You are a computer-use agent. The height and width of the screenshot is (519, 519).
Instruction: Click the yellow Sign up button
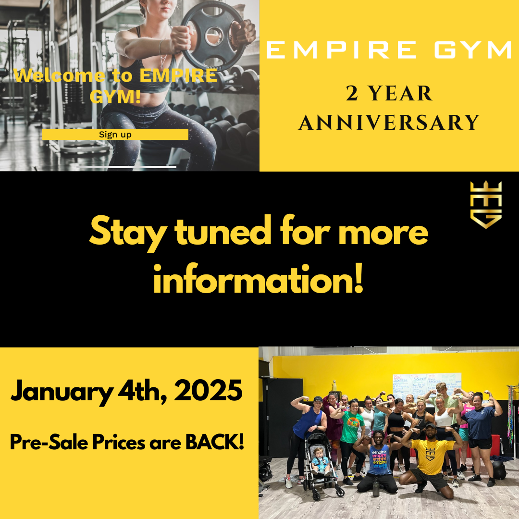tap(115, 135)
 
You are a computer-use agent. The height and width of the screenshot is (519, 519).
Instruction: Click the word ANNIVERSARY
tap(389, 122)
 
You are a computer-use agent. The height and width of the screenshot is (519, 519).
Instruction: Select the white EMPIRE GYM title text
tap(389, 50)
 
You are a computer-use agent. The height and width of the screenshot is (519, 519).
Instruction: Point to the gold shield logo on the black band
tap(486, 204)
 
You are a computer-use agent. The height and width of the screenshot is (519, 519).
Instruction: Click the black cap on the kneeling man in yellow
tap(430, 426)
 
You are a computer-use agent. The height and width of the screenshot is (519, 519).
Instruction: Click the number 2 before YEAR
tap(352, 94)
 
